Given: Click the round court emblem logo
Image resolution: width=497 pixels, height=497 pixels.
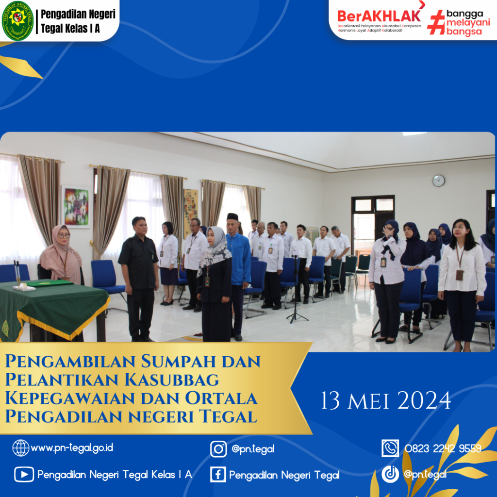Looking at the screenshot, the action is [x=17, y=21].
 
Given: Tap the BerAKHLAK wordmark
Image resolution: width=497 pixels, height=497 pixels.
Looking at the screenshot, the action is [x=379, y=16].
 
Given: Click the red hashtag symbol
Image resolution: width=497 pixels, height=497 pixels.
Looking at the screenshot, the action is [x=435, y=22].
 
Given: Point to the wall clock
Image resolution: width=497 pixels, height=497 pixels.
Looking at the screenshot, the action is [x=439, y=181].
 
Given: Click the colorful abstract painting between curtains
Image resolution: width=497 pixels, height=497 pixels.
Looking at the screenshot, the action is [x=76, y=207].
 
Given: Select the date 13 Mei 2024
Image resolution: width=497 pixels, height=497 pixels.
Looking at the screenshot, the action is [x=386, y=400].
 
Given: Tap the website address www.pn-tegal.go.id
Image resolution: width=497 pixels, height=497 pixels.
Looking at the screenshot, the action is [x=72, y=447].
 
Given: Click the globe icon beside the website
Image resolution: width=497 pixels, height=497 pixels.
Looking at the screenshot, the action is [x=20, y=448].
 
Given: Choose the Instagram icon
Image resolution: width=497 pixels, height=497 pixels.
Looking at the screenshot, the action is [x=218, y=449].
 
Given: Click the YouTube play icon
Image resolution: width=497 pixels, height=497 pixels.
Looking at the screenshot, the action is [x=24, y=475].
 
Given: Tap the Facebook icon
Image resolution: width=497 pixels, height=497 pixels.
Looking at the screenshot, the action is [x=218, y=475].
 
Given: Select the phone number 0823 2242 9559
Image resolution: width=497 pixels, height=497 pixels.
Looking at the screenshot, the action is [x=443, y=448].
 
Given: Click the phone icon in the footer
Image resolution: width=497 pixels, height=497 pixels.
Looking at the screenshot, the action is [x=390, y=448].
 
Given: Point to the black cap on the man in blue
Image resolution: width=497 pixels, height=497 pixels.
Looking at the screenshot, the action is [x=232, y=216].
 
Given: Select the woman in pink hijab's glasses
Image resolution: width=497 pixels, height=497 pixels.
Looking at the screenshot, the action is [x=64, y=235].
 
